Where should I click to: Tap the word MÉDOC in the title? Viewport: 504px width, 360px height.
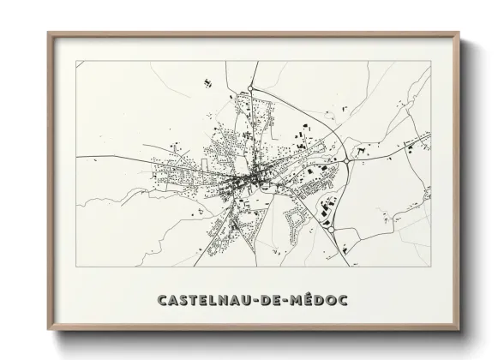[317, 301]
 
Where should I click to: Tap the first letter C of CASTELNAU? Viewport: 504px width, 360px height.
[163, 301]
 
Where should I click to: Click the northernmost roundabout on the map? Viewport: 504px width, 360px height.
[251, 88]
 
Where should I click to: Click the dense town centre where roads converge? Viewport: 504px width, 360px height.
[246, 179]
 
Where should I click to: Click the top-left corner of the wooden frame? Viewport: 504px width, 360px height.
[49, 33]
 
